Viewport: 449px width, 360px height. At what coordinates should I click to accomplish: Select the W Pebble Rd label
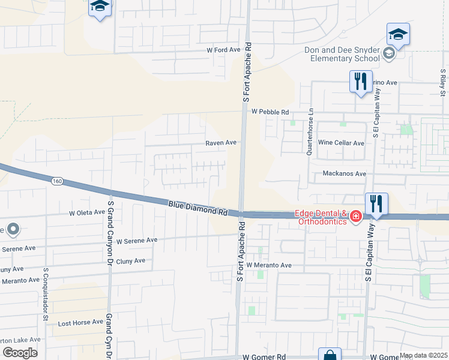click(x=270, y=112)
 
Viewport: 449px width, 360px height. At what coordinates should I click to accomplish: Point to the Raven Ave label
click(x=221, y=143)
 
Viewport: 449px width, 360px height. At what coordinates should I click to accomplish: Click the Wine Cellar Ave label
click(x=341, y=143)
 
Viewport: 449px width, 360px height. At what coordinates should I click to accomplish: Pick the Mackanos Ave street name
click(x=344, y=173)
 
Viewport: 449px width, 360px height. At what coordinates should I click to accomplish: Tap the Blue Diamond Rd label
click(x=197, y=208)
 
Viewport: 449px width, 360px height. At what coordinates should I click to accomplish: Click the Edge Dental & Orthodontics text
click(x=321, y=218)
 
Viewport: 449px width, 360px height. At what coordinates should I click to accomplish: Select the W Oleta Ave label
click(x=87, y=212)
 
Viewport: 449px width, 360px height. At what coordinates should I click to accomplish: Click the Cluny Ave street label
click(x=131, y=261)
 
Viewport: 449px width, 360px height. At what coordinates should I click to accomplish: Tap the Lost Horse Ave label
click(x=80, y=323)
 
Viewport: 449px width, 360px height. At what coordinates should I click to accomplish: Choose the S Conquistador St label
click(x=45, y=294)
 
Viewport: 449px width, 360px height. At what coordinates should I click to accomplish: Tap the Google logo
click(x=19, y=352)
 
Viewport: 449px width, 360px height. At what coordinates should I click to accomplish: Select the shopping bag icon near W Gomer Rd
click(x=330, y=356)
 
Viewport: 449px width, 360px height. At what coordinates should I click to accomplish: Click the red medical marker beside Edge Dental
click(x=355, y=216)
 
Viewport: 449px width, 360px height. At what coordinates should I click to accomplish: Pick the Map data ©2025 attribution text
click(x=424, y=355)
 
